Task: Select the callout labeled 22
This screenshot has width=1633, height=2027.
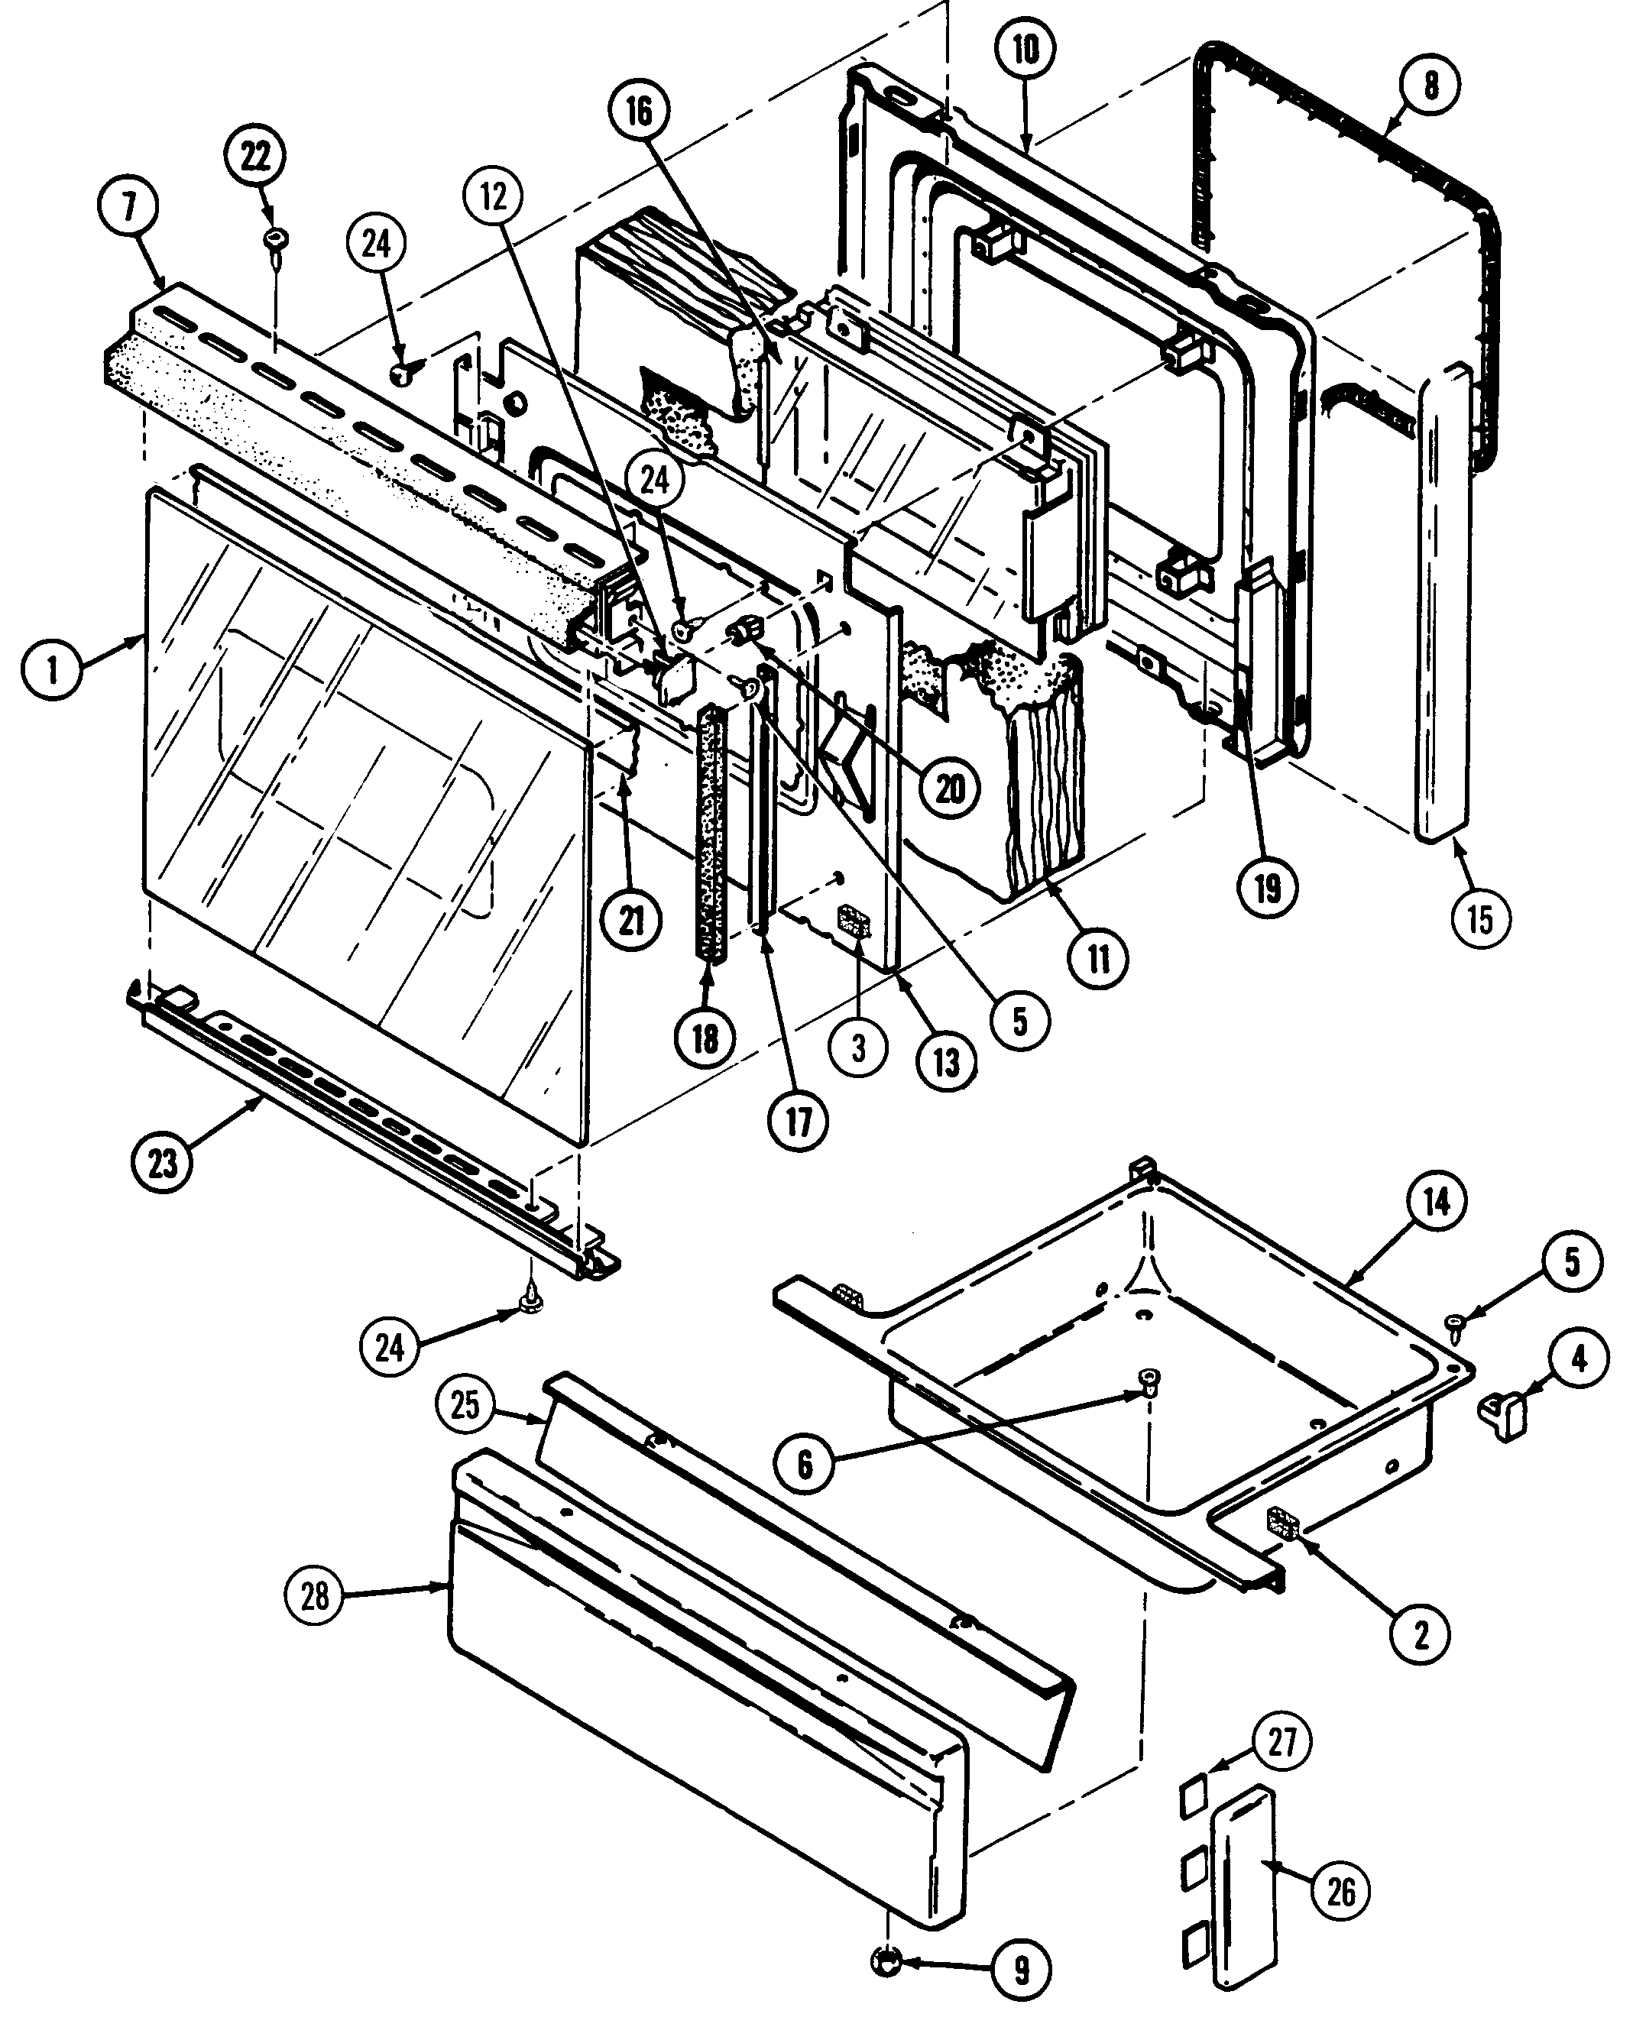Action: coord(256,156)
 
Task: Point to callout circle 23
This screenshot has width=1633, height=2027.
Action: coord(163,1164)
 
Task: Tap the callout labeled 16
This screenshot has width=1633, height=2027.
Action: coord(639,112)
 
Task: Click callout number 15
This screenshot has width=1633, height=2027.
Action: coord(1479,919)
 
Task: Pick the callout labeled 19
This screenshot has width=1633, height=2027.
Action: coord(1267,887)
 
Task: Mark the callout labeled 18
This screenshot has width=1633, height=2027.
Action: coord(705,1038)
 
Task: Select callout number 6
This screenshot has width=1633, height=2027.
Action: coord(804,1464)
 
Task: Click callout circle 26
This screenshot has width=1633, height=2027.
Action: coord(1340,1890)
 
